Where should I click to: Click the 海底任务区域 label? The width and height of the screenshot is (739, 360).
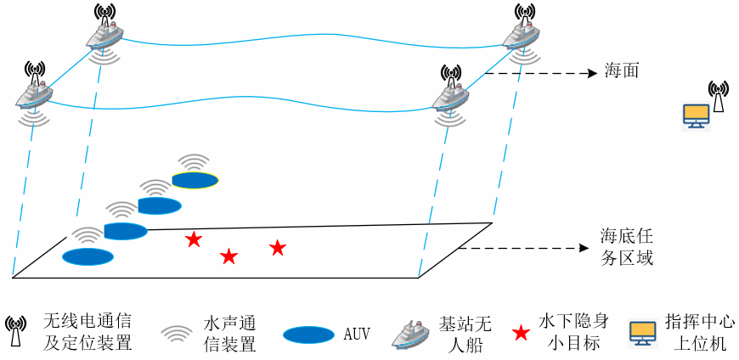point(627,246)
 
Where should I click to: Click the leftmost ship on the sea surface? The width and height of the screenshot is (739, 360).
point(34,93)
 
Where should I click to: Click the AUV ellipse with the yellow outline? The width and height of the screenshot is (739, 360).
point(195,179)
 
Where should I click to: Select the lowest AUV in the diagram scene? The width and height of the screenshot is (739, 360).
point(87,256)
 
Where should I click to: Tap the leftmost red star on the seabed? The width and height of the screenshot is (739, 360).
point(194,240)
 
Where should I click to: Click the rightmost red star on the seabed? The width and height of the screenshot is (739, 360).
point(278,248)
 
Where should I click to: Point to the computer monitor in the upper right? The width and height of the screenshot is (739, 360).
point(697,115)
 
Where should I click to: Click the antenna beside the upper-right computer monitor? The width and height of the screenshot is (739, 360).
point(718,96)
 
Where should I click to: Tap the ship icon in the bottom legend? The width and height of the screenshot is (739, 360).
point(412,332)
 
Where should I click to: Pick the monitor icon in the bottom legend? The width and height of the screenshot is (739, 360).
point(641,332)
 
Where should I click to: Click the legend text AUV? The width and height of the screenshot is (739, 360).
point(357,334)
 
